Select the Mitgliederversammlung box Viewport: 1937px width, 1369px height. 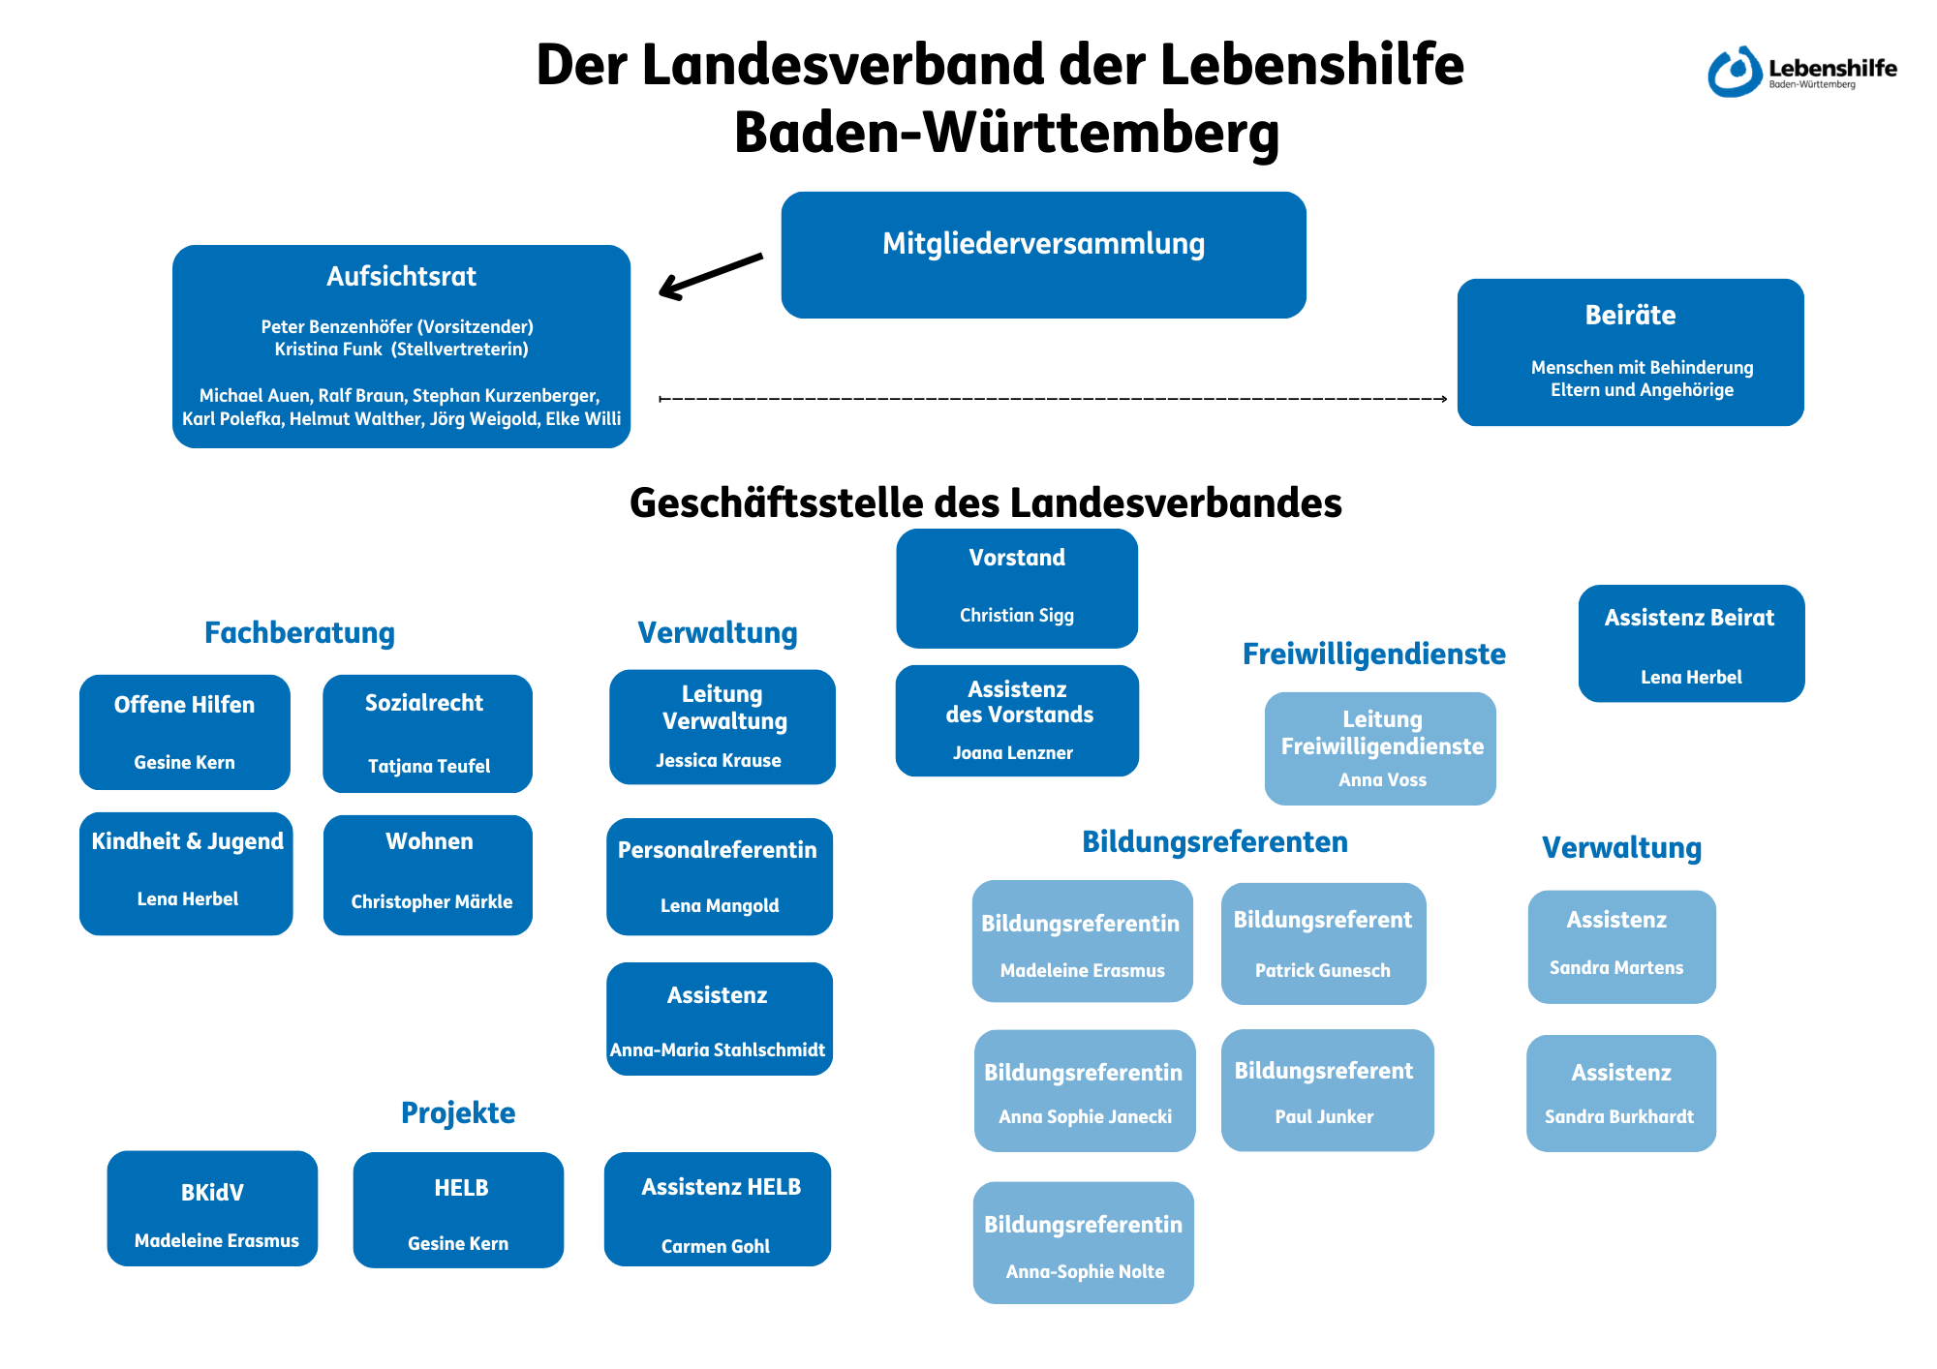tap(1043, 255)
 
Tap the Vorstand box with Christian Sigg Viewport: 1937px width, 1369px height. tap(1017, 588)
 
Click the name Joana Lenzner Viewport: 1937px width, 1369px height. tap(1013, 753)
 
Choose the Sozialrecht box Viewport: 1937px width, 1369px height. tap(427, 733)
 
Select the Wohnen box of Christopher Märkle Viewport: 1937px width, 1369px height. tap(428, 874)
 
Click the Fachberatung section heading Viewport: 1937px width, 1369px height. tap(299, 633)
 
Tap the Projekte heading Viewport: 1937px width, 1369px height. tap(458, 1113)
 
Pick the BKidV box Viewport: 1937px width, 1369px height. tap(212, 1208)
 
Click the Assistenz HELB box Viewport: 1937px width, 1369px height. tap(718, 1209)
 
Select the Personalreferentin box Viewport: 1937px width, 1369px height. tap(719, 876)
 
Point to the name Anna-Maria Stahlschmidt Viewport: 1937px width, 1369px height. tap(718, 1050)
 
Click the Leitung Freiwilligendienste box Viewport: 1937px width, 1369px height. tap(1380, 748)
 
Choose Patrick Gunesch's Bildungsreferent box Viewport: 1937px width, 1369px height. tap(1323, 943)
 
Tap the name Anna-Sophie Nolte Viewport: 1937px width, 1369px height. tap(1085, 1272)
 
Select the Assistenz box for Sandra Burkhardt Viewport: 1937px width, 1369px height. tap(1621, 1093)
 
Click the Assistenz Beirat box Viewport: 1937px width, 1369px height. tap(1691, 643)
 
